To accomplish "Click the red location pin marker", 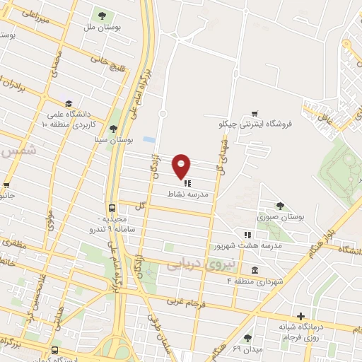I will (182, 165).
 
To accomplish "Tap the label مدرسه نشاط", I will (187, 192).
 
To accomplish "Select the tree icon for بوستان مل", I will (103, 16).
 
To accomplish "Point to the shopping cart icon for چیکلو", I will (255, 113).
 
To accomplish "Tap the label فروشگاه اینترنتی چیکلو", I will (255, 125).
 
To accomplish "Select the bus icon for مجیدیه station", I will (112, 209).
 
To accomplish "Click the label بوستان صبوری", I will (281, 217).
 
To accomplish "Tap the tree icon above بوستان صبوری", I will (281, 206).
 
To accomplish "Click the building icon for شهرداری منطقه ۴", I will (254, 270).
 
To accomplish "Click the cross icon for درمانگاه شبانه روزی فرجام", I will (301, 315).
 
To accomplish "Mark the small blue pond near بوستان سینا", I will (147, 140).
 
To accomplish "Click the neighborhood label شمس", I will (9, 151).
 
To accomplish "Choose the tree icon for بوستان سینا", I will (113, 128).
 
